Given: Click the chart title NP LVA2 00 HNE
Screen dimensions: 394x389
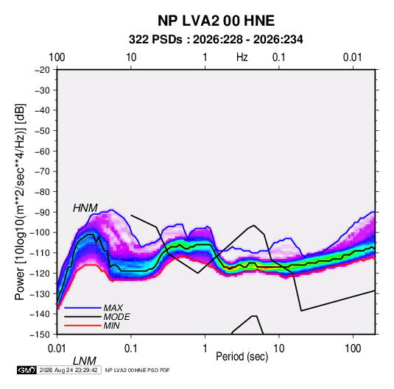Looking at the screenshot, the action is pos(216,21).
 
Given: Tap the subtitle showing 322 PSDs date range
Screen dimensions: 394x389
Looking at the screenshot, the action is pos(216,40).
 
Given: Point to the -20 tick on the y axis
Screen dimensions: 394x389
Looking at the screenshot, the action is pos(42,70).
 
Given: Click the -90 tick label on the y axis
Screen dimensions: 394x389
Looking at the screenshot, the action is pos(42,213).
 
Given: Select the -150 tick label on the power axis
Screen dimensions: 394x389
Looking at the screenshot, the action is pos(41,335).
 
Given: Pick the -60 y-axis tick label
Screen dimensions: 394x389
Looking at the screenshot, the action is pos(42,151).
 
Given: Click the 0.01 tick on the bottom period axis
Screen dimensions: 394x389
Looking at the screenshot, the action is pos(57,349).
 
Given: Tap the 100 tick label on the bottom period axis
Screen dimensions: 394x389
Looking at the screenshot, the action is pos(353,349).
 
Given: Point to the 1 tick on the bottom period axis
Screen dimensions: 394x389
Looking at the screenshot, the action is pos(205,349).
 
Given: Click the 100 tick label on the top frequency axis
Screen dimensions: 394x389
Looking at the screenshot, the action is pos(57,57).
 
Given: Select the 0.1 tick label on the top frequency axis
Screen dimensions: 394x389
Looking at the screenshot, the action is pos(279,57).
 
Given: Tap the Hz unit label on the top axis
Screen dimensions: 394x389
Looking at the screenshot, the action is pos(242,57).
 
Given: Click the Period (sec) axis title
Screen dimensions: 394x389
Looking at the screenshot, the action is pos(242,357).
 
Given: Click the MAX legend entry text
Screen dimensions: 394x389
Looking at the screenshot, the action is pos(113,308).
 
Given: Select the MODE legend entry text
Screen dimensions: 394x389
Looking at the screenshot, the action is pos(117,317).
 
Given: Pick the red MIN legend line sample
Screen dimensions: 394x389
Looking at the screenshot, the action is pos(82,326).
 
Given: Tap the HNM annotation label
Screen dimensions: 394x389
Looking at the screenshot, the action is pos(85,208).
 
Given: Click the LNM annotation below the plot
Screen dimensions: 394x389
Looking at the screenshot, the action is pos(85,361).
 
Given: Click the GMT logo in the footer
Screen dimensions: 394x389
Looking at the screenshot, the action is pos(27,370).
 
